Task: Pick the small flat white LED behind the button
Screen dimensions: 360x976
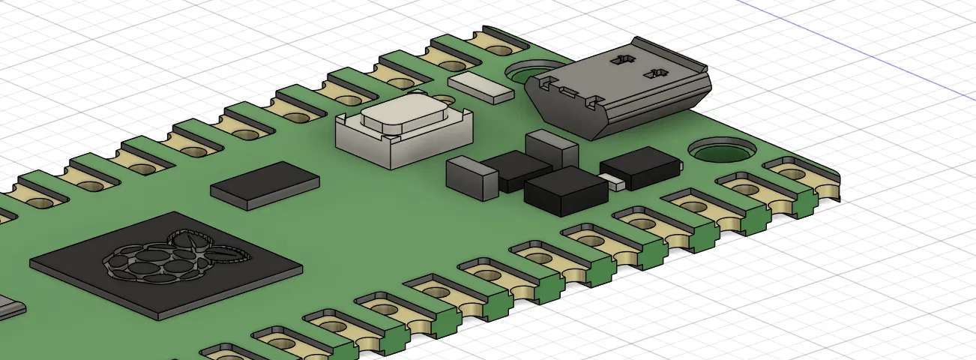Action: pyautogui.click(x=481, y=86)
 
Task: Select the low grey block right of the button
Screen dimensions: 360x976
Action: pyautogui.click(x=472, y=178)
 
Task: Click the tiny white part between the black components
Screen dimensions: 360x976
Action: pyautogui.click(x=615, y=182)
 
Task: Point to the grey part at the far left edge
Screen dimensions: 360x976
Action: pyautogui.click(x=9, y=309)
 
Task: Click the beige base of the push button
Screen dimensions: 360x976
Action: pyautogui.click(x=405, y=146)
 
